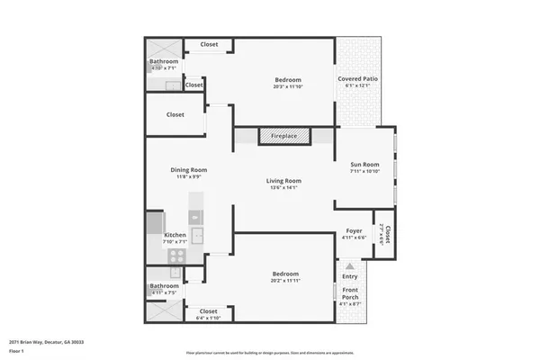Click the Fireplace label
pyautogui.click(x=283, y=136)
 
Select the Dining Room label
pyautogui.click(x=189, y=170)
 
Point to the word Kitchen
pyautogui.click(x=175, y=235)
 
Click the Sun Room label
pyautogui.click(x=364, y=165)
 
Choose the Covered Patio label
pyautogui.click(x=357, y=79)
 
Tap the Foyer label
pyautogui.click(x=355, y=231)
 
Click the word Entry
pyautogui.click(x=350, y=276)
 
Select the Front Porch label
pyautogui.click(x=350, y=292)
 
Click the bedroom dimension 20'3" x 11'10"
pyautogui.click(x=287, y=87)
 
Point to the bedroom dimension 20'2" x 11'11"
pyautogui.click(x=285, y=281)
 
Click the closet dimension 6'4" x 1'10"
pyautogui.click(x=208, y=318)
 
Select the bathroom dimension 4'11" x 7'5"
pyautogui.click(x=165, y=292)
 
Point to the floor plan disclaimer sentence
pyautogui.click(x=270, y=352)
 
